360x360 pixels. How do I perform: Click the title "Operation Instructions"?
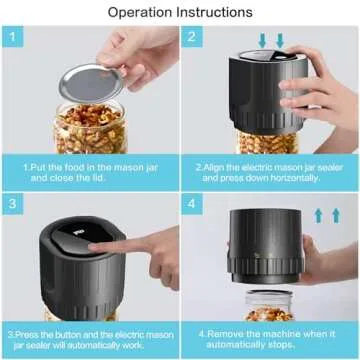[180, 13]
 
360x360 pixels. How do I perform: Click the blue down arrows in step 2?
[273, 41]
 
